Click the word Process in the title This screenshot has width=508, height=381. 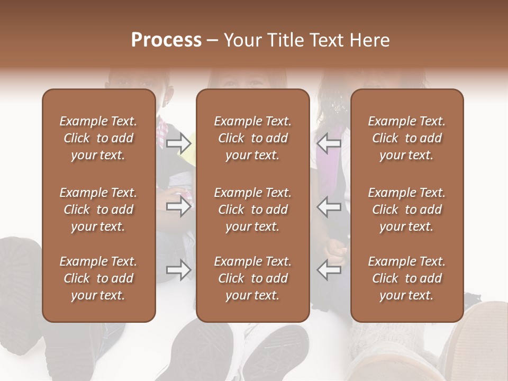(x=166, y=40)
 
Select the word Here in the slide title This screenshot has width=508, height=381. (x=370, y=40)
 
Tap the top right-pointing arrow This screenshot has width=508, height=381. (x=179, y=143)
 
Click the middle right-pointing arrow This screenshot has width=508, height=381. (x=179, y=206)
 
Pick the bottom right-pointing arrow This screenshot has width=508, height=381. (x=179, y=270)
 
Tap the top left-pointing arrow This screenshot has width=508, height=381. (x=329, y=143)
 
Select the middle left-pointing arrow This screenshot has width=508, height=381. (x=329, y=206)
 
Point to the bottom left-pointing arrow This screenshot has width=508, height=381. (x=329, y=270)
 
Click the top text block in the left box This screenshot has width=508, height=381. (x=98, y=138)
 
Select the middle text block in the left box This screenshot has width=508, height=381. (x=98, y=210)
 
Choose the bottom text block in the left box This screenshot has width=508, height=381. (x=98, y=278)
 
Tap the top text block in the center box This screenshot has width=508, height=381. (x=253, y=138)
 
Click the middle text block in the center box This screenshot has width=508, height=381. (x=253, y=210)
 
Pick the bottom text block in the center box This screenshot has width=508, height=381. (x=253, y=278)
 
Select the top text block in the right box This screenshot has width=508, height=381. (x=407, y=138)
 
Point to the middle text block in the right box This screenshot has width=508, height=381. (x=407, y=210)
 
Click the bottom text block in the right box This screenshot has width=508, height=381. (x=407, y=278)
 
